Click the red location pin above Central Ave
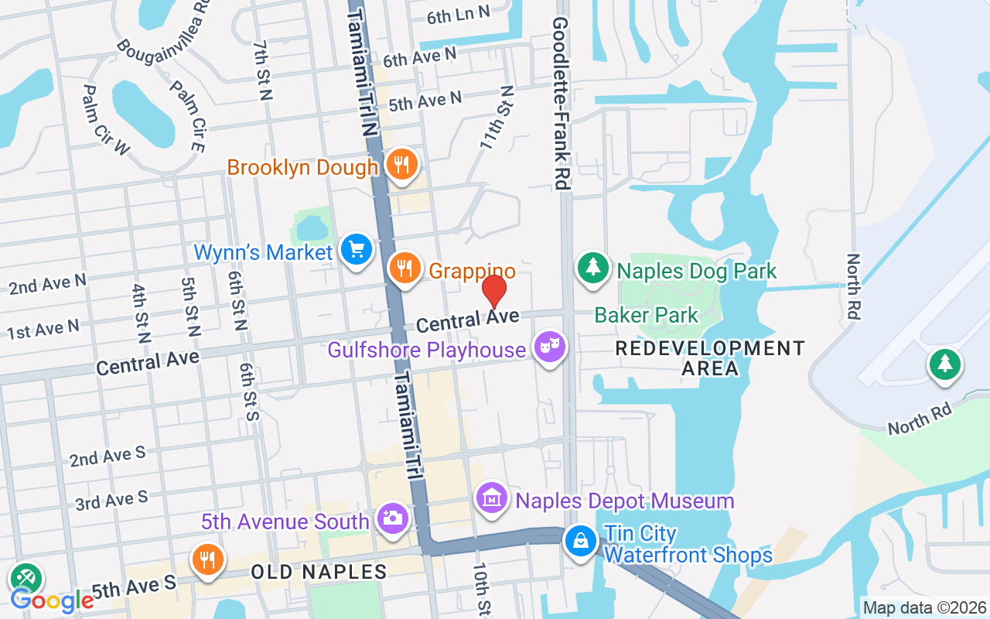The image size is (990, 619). (x=494, y=291)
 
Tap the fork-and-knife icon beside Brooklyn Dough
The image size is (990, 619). (x=401, y=165)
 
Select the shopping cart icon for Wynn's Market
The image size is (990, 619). (x=357, y=251)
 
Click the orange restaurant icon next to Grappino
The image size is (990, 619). (x=405, y=269)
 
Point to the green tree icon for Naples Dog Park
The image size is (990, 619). (x=593, y=268)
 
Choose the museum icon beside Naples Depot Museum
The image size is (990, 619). (x=492, y=499)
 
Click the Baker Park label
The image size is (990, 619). (x=646, y=315)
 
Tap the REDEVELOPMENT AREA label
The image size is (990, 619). (x=710, y=358)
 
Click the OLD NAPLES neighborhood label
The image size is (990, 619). (x=319, y=573)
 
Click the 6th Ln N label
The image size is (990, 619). (x=459, y=13)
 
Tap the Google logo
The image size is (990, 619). (x=52, y=600)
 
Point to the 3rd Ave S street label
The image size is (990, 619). (x=111, y=501)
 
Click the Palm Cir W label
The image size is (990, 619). (x=106, y=119)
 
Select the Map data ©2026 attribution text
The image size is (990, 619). (x=924, y=608)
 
